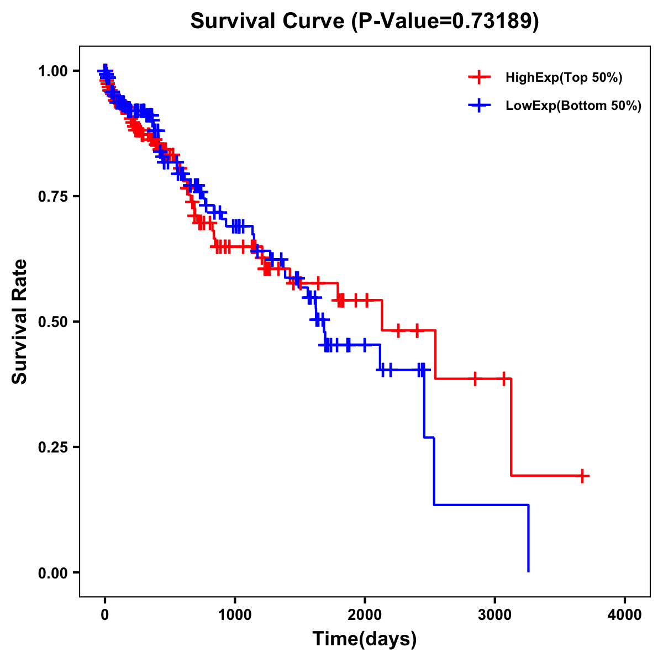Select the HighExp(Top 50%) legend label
click(564, 78)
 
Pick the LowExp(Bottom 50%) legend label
click(573, 106)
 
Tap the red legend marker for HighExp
click(479, 78)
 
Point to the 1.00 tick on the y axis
click(52, 71)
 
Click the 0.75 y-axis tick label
click(52, 196)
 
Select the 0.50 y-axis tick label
click(52, 322)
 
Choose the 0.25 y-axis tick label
click(52, 447)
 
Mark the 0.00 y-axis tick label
click(52, 572)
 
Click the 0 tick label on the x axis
click(105, 615)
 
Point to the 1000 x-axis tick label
click(235, 615)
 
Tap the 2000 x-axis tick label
click(365, 615)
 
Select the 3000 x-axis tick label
click(495, 615)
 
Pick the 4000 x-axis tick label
click(625, 615)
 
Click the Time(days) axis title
click(365, 639)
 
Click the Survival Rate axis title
click(20, 321)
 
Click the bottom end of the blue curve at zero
click(529, 571)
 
